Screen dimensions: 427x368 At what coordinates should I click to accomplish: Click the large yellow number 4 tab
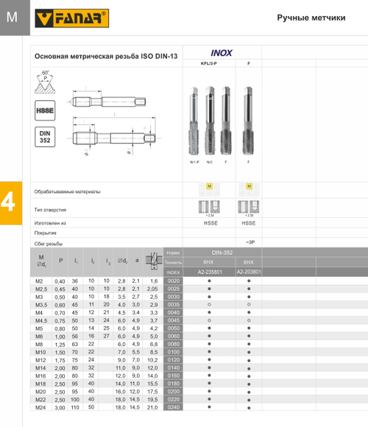coord(11,202)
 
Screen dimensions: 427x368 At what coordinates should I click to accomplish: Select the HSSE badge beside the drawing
coord(43,111)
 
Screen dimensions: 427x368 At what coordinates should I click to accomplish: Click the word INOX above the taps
coord(222,54)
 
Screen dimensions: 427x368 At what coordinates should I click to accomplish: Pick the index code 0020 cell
coord(174,281)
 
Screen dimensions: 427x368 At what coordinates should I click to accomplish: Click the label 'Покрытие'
coord(46,232)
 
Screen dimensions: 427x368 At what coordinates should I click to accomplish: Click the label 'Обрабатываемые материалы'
coord(68,191)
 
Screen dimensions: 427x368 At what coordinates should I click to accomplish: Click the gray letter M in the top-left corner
coord(11,17)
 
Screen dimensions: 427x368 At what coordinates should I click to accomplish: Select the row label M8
coord(40,343)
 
